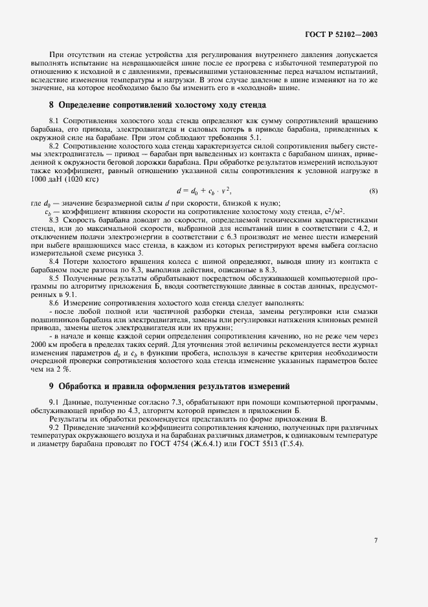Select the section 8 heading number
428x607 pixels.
52,105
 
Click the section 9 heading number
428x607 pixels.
52,387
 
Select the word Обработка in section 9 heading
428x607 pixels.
82,387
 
